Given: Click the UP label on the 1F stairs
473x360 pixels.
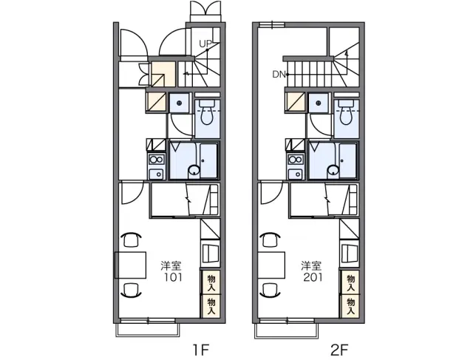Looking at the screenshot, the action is pyautogui.click(x=205, y=44).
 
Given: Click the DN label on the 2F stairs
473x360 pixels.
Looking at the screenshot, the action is pyautogui.click(x=279, y=74).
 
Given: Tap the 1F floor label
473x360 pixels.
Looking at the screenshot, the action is pyautogui.click(x=200, y=350).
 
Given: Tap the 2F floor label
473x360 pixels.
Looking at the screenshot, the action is pyautogui.click(x=339, y=350).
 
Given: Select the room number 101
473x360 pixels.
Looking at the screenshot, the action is pyautogui.click(x=173, y=277).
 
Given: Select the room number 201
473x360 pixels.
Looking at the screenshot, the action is pyautogui.click(x=313, y=277).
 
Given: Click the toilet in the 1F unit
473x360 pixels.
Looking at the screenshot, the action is pyautogui.click(x=207, y=112).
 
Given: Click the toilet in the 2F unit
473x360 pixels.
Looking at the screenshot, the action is pyautogui.click(x=346, y=112).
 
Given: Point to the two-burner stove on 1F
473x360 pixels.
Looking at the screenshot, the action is pyautogui.click(x=156, y=159).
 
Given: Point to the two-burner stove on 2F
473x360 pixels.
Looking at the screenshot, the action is pyautogui.click(x=296, y=159).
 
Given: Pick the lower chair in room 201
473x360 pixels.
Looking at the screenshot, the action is pyautogui.click(x=270, y=290).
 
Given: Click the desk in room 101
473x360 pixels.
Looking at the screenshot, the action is pyautogui.click(x=130, y=265).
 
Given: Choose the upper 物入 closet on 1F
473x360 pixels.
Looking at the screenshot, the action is pyautogui.click(x=211, y=282).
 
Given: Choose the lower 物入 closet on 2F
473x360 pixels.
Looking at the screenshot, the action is pyautogui.click(x=350, y=306).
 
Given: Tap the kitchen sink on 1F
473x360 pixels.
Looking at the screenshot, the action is pyautogui.click(x=156, y=174).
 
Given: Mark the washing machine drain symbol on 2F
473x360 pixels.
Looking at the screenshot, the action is pyautogui.click(x=319, y=103).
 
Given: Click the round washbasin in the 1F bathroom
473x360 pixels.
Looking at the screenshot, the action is pyautogui.click(x=194, y=171).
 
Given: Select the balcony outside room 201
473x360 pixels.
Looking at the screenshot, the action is pyautogui.click(x=287, y=330).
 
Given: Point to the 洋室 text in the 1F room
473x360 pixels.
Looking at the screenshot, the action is pyautogui.click(x=171, y=265).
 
